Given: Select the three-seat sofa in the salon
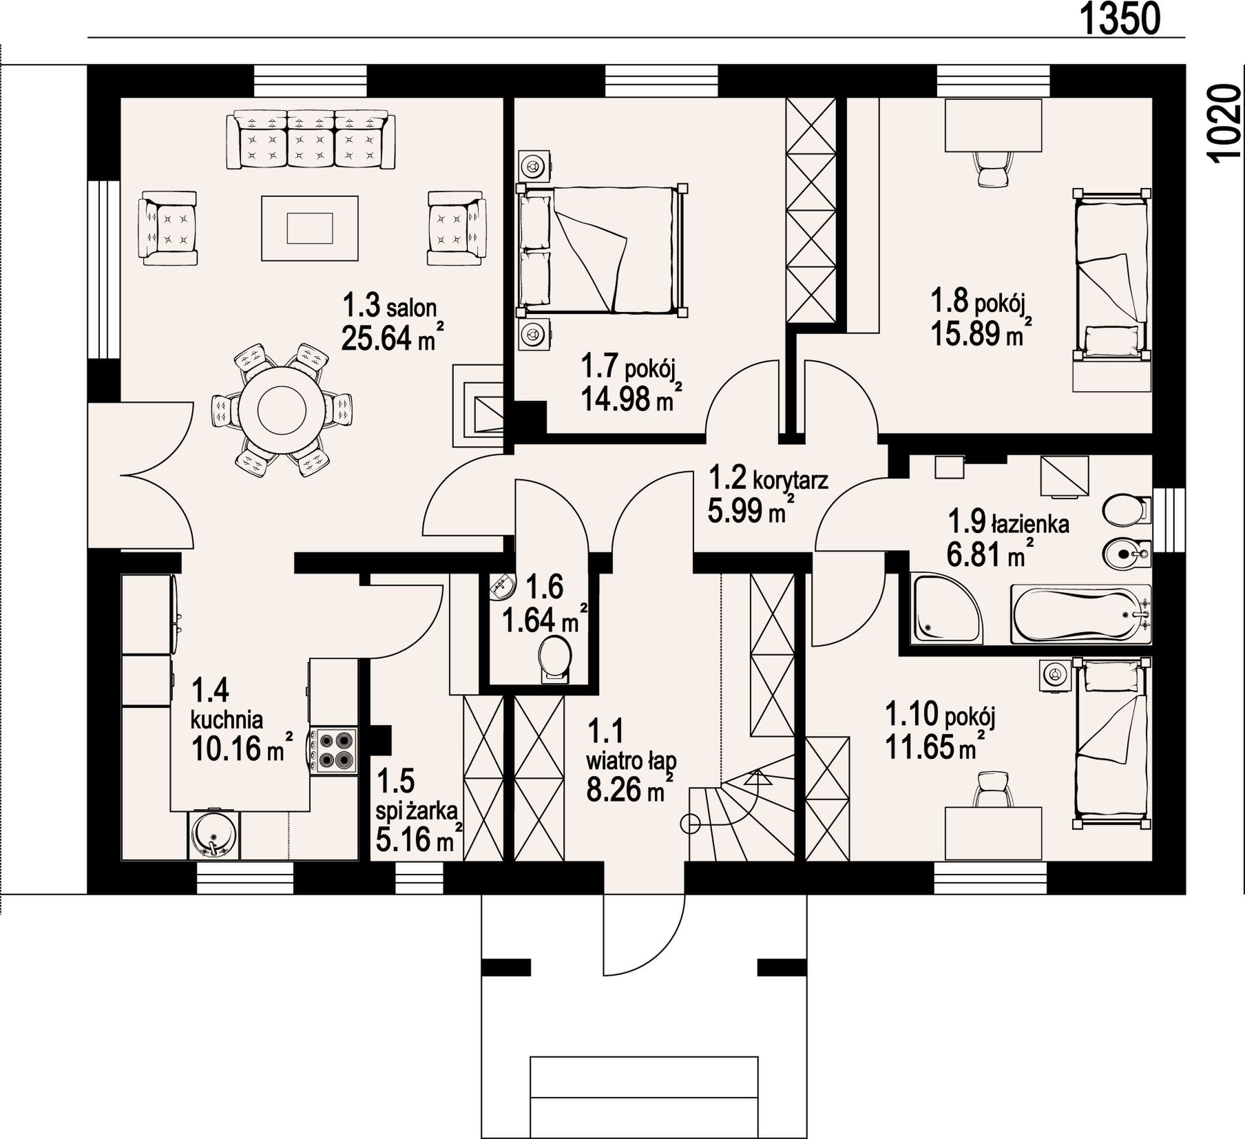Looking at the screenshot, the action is coord(311,140).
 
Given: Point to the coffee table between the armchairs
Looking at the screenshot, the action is coord(310,228).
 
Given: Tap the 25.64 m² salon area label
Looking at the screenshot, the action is coord(391,338).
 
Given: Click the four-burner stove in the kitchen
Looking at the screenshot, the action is coord(334,751).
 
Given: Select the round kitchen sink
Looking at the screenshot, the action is coord(213,835).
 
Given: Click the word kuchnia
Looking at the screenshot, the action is coord(227,720).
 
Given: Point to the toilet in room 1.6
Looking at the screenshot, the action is coord(555,660).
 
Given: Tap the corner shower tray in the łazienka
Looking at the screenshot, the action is coord(947,609).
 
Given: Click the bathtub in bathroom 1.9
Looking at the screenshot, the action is coord(1080,614).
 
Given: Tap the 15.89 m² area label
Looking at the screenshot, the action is coord(981,333).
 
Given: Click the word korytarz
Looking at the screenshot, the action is coord(791,479).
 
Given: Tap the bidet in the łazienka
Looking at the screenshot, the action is coord(1127,552).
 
